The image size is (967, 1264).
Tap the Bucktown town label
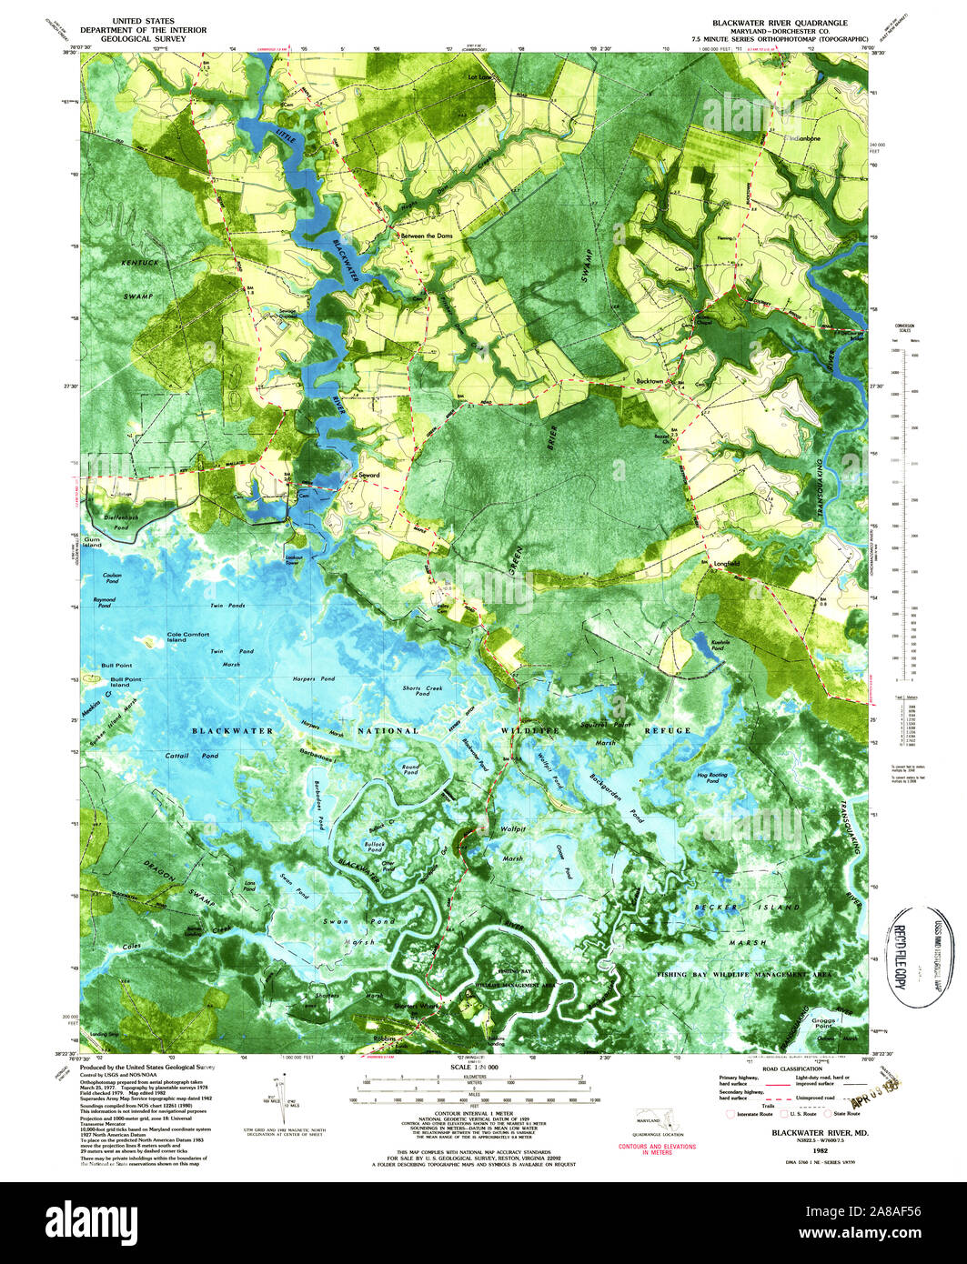click(651, 382)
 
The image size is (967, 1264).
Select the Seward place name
click(368, 475)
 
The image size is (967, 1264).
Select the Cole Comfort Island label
click(188, 637)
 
